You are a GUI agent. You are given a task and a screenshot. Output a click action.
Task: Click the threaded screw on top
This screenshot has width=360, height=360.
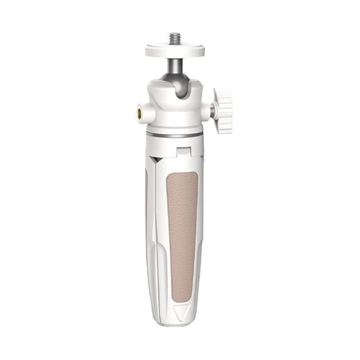[175, 37]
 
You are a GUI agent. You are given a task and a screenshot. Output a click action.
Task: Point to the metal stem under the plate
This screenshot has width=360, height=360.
[175, 63]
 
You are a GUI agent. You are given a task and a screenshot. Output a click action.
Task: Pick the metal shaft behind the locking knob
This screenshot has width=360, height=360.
[212, 111]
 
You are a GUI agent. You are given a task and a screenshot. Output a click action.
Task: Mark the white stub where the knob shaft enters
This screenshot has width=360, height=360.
[205, 111]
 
